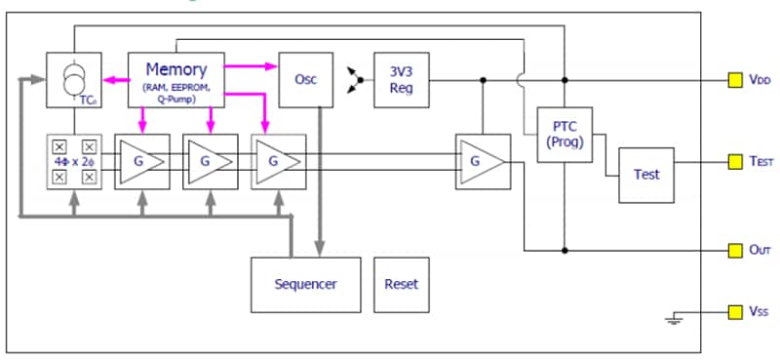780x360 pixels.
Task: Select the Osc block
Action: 305,79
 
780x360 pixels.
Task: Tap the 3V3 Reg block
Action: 401,79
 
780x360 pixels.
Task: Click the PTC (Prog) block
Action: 565,134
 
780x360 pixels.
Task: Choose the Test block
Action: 646,175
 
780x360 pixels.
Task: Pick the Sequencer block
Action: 305,284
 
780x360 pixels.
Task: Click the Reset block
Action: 401,284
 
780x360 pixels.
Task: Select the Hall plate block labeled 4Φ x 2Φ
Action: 74,161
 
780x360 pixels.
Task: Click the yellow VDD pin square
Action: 735,80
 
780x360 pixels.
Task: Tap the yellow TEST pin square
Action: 735,161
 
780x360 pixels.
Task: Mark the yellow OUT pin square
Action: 735,250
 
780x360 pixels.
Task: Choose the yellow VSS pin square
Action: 735,312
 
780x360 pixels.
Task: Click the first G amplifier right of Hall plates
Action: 142,161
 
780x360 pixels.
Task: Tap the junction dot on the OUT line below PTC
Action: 565,250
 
